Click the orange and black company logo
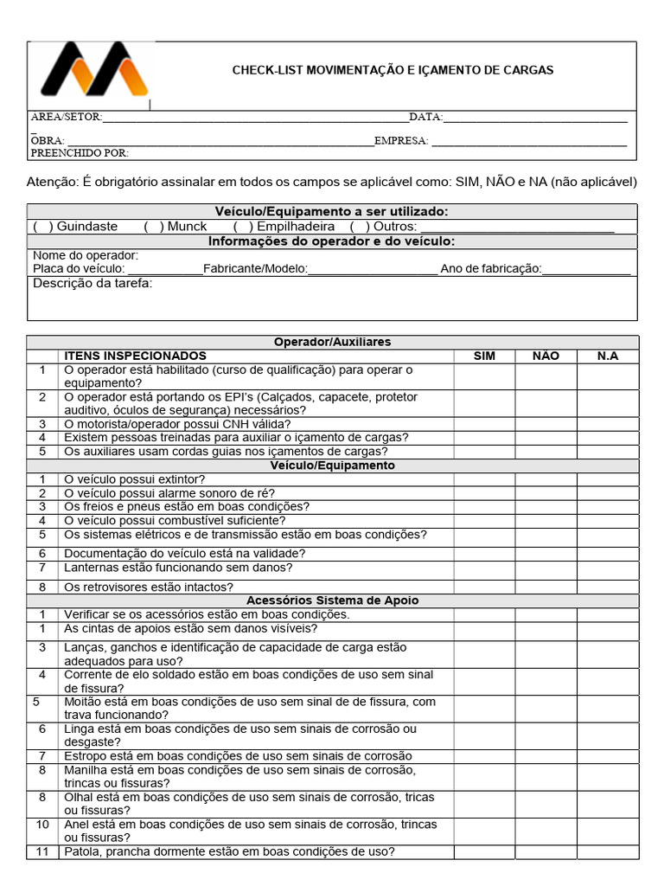(94, 71)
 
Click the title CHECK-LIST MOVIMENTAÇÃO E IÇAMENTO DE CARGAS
(393, 70)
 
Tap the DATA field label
(425, 117)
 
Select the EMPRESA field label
(401, 140)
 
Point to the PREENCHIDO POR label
(80, 153)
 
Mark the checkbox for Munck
(154, 227)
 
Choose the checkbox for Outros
(360, 227)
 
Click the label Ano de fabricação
(490, 269)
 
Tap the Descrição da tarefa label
(93, 283)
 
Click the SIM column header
(484, 356)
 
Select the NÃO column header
(546, 356)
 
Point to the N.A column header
(608, 356)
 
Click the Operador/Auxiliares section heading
(332, 342)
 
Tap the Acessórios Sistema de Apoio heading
(332, 600)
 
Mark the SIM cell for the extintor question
(484, 479)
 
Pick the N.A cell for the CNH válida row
(608, 424)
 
